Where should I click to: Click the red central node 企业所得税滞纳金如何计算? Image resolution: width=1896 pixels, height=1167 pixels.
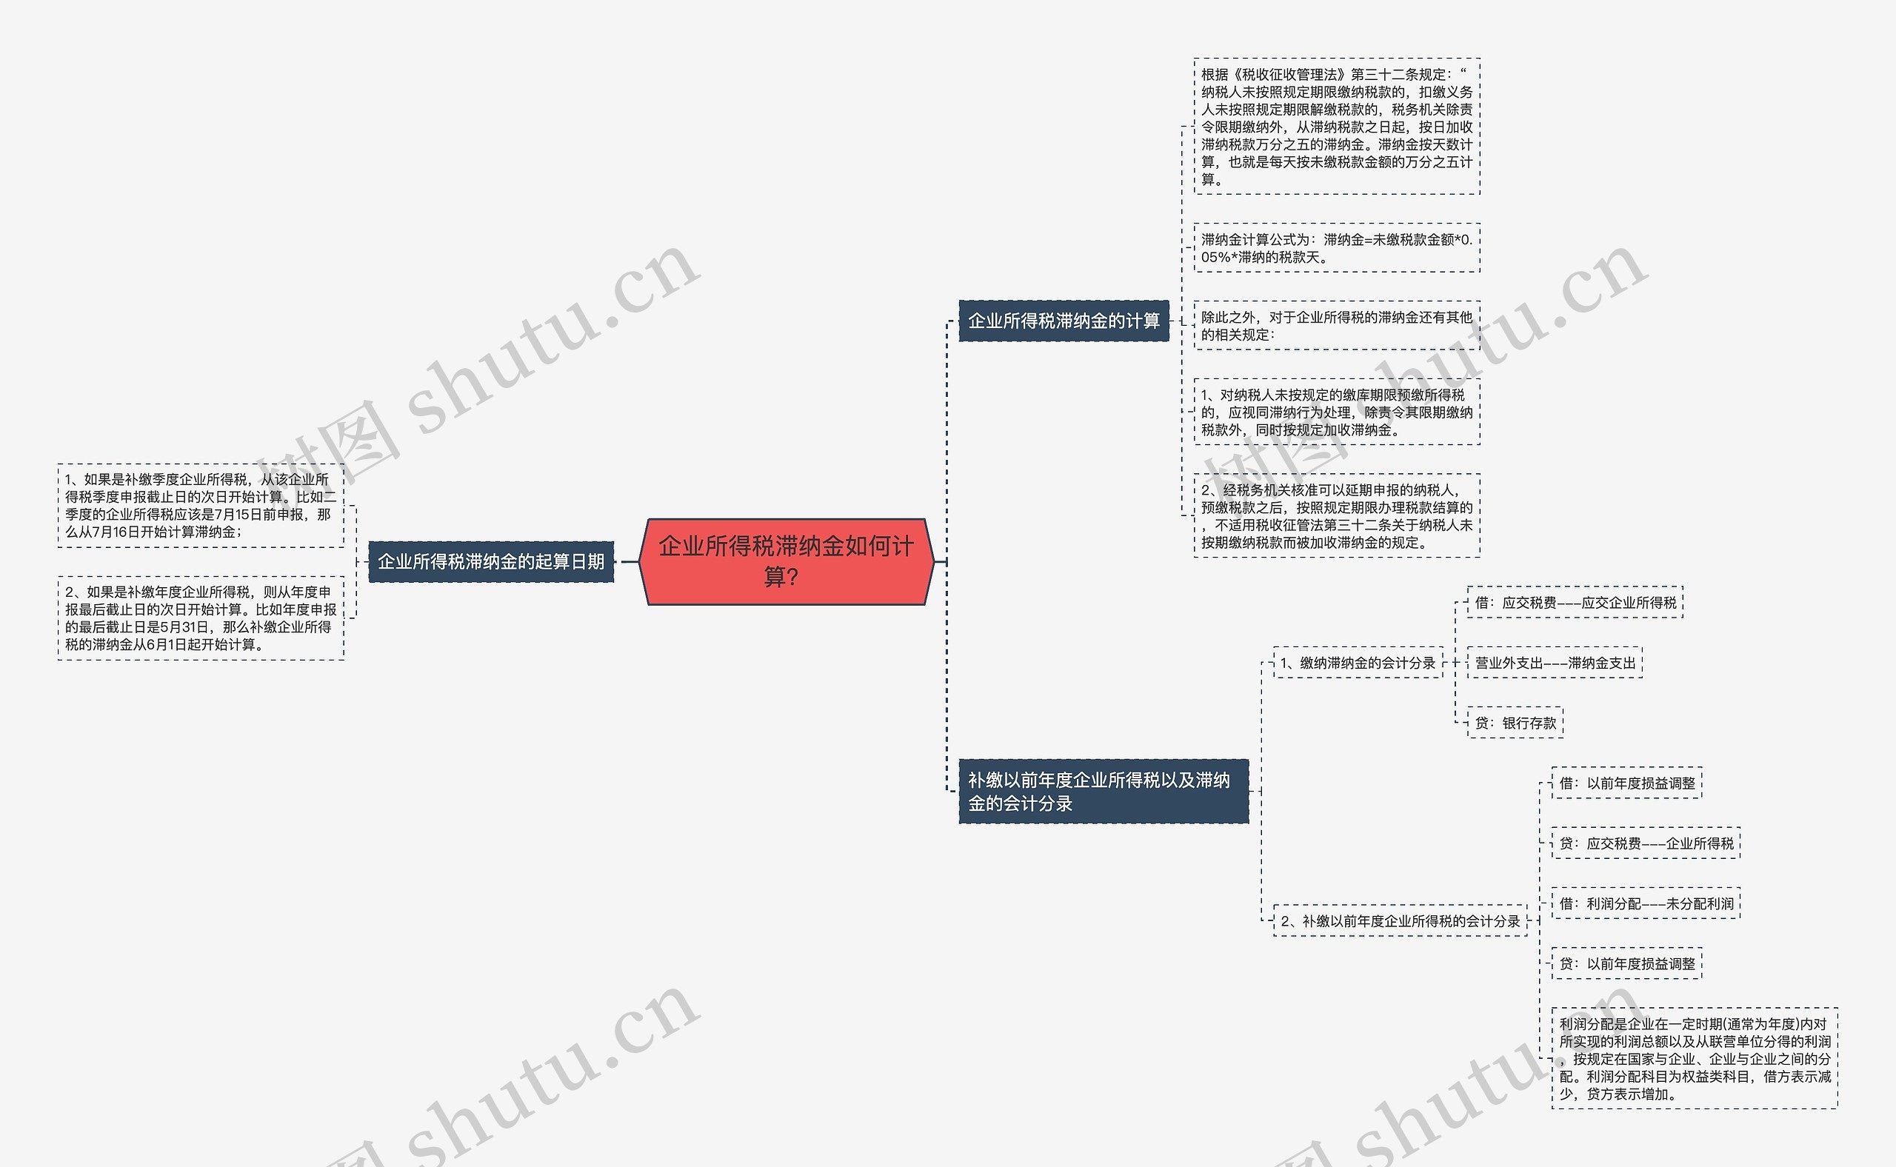(786, 561)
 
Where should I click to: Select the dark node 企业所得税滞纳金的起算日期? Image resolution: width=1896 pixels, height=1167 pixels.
(491, 562)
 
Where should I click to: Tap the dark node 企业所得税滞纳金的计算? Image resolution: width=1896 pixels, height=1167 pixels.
(1064, 321)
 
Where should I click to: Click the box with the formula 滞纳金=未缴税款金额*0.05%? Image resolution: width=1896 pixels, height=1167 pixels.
(1336, 248)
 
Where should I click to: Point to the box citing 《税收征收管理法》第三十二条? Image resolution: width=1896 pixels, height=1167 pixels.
(1336, 127)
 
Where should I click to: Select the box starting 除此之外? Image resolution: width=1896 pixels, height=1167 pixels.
(1336, 326)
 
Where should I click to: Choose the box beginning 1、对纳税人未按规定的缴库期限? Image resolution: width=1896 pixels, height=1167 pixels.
(1336, 412)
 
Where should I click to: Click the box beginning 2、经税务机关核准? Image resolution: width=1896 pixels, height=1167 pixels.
(1336, 515)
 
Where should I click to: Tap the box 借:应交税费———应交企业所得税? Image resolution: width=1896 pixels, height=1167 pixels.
(1575, 603)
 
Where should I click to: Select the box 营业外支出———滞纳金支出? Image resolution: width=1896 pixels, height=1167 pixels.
(1555, 663)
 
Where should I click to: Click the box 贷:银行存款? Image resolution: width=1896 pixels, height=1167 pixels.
(1515, 723)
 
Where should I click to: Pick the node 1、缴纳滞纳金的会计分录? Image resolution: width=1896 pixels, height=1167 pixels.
(1358, 663)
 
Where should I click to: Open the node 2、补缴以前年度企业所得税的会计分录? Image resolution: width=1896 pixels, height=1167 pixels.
(1401, 920)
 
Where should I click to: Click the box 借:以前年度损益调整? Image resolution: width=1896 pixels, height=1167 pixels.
(1626, 783)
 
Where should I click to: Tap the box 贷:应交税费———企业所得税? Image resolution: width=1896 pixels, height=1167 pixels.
(1646, 843)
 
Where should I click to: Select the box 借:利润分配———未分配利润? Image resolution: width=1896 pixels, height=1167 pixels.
(1646, 904)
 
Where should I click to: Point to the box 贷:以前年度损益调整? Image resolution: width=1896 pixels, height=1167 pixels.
(1626, 964)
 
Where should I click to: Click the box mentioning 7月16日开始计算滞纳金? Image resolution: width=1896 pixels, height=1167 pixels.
(201, 506)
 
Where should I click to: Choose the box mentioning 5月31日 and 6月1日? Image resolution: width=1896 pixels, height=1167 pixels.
(201, 618)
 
